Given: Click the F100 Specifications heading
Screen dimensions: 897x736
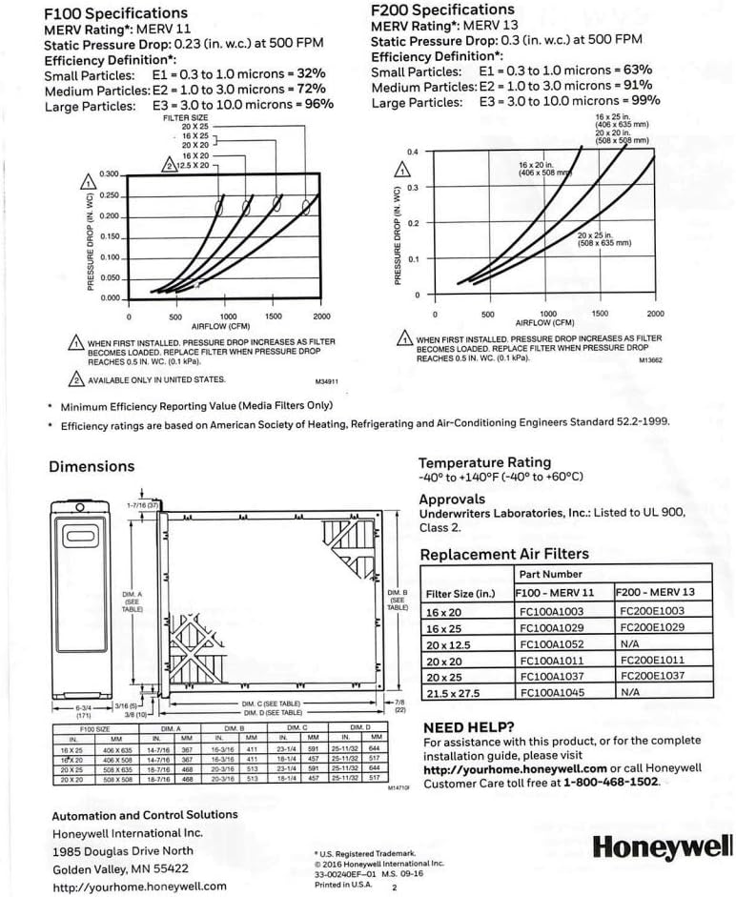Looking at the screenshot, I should click(116, 13).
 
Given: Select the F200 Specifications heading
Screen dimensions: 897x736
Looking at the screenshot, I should click(442, 10).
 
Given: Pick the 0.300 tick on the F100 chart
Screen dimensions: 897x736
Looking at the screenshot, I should click(110, 174).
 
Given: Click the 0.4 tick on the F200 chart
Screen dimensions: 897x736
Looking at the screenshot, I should click(413, 153).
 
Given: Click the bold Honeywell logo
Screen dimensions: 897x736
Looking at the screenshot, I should click(663, 845).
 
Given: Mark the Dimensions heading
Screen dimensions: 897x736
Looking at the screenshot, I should click(92, 466).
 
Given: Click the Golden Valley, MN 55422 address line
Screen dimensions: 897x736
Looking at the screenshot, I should click(120, 868).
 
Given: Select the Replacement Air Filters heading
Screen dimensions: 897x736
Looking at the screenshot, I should click(504, 554).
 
